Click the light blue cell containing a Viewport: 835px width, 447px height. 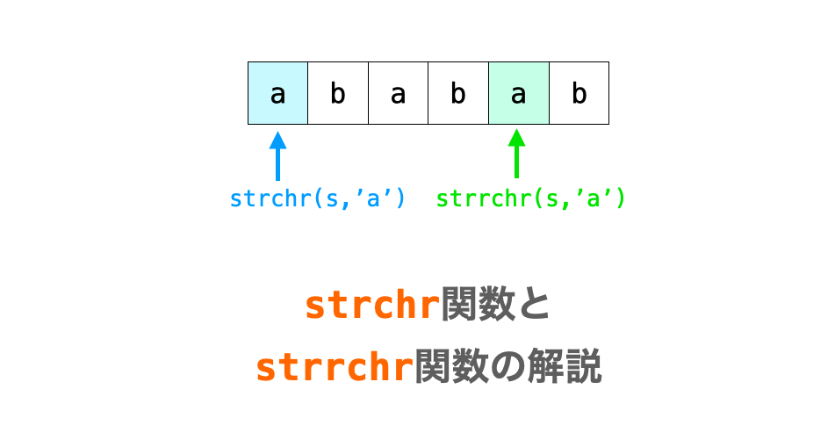point(278,93)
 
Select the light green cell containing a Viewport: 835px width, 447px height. point(519,93)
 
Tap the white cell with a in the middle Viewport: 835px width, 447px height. point(399,93)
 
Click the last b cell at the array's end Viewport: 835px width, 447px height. point(579,93)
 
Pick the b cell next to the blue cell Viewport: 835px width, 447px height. point(338,93)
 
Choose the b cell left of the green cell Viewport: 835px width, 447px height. point(458,93)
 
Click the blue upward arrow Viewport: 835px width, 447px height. point(278,156)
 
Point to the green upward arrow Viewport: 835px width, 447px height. point(516,154)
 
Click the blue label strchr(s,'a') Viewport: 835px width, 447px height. point(318,198)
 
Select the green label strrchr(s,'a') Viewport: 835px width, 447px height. point(530,198)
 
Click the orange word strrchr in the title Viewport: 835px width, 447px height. point(335,367)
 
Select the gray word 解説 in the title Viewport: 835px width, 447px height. point(564,366)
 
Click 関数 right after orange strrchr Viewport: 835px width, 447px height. point(451,366)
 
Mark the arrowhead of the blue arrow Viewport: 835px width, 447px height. point(278,140)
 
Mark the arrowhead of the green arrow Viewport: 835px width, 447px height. point(516,137)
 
